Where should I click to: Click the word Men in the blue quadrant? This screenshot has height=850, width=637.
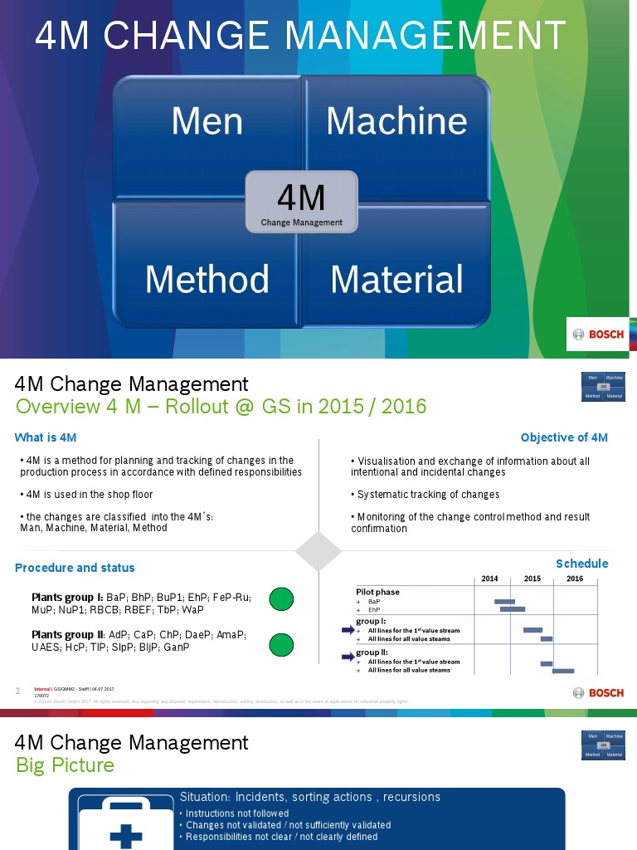click(x=207, y=121)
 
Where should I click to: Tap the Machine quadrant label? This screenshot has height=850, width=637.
click(x=396, y=121)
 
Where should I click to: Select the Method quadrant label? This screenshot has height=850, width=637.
click(x=207, y=279)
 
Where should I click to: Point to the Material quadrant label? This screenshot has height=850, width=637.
click(x=396, y=279)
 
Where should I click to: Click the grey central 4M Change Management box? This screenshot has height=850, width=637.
click(x=301, y=202)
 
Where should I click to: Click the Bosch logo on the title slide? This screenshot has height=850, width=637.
click(x=599, y=335)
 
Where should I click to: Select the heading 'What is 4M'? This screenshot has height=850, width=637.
click(x=46, y=437)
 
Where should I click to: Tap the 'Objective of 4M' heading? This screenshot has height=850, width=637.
click(x=564, y=437)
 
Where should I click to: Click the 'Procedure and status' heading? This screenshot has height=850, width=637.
click(x=75, y=568)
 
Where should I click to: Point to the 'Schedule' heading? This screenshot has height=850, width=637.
click(x=581, y=564)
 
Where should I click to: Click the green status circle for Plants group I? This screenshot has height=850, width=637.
click(x=281, y=598)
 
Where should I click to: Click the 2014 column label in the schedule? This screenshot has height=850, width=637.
click(x=489, y=579)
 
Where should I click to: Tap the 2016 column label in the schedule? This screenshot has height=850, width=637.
click(x=575, y=579)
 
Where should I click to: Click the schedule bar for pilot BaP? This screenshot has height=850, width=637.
click(x=504, y=601)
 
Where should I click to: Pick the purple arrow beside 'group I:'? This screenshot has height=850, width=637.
click(x=348, y=631)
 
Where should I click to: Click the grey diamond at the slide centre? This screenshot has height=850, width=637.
click(x=318, y=552)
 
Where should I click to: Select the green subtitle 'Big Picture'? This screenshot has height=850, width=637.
click(x=65, y=765)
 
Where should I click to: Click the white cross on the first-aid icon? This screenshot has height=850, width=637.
click(x=126, y=834)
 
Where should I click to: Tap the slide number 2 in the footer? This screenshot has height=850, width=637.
click(x=18, y=691)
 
